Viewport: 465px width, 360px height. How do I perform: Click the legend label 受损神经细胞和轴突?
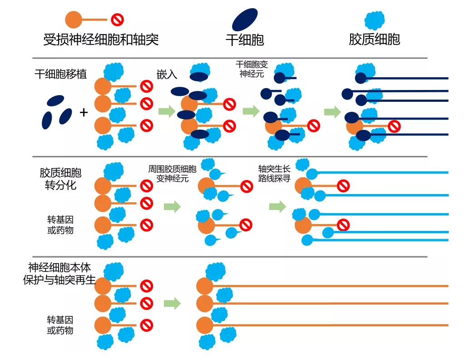(101, 40)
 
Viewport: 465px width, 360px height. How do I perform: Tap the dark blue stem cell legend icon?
(245, 20)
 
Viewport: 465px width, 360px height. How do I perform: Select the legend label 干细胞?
(245, 40)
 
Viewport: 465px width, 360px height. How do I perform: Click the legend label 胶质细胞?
(374, 40)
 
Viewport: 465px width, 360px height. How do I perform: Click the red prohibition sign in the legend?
(118, 20)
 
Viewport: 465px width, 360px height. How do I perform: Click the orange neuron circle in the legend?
(74, 20)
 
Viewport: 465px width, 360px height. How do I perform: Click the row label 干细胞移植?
(60, 74)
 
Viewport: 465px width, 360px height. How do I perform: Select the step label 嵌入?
(167, 74)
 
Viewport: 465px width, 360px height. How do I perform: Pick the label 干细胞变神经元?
(252, 69)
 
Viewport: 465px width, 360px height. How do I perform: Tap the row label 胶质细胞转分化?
(60, 179)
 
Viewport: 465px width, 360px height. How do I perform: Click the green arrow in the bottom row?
(172, 304)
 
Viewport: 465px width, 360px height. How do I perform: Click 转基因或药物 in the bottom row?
(60, 325)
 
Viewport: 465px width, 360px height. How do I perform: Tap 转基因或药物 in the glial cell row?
(60, 225)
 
